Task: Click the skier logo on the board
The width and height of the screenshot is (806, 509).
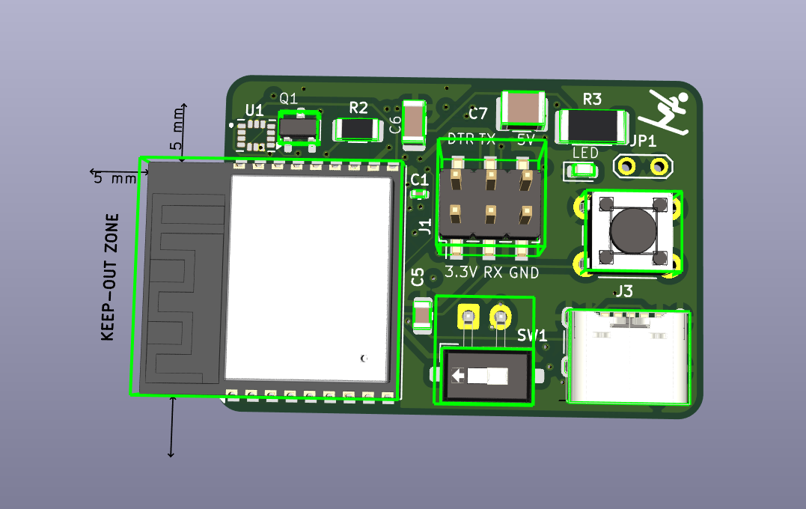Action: click(x=666, y=112)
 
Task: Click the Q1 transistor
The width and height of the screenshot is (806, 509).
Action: click(x=299, y=128)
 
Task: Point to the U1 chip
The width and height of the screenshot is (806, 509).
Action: click(x=252, y=135)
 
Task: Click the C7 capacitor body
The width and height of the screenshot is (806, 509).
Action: click(x=524, y=109)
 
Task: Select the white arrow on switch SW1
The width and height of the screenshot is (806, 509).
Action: click(x=459, y=376)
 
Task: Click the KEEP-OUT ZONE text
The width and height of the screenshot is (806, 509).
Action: click(x=110, y=277)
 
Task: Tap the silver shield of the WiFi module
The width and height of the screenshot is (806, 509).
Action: click(x=308, y=277)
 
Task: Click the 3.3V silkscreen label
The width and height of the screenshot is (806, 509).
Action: click(x=460, y=273)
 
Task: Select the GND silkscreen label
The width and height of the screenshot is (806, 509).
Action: click(x=524, y=273)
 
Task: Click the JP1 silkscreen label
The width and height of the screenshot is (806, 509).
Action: click(x=643, y=141)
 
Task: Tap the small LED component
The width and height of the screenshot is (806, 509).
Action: click(x=583, y=171)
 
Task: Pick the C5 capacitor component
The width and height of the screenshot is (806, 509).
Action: click(x=422, y=318)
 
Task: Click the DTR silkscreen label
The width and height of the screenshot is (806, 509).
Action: click(x=460, y=138)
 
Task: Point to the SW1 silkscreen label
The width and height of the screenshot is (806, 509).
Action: click(x=532, y=337)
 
